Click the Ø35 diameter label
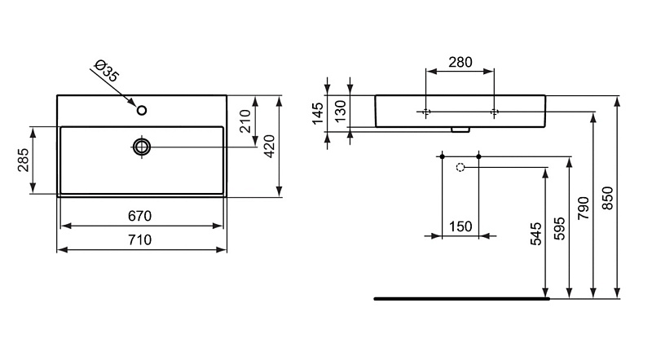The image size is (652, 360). [x=107, y=71]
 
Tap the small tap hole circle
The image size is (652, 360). [x=142, y=110]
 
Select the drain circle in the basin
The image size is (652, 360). [x=142, y=147]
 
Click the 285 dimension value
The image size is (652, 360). [x=24, y=160]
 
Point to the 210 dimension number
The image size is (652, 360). [x=245, y=121]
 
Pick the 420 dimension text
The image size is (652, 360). [x=270, y=147]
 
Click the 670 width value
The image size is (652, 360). [x=139, y=216]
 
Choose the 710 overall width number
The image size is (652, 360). [x=139, y=239]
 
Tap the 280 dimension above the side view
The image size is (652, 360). [x=460, y=63]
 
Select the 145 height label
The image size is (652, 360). [x=318, y=113]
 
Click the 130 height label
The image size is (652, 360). [x=341, y=112]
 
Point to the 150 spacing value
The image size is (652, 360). [x=460, y=226]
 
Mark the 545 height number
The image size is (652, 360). [x=536, y=234]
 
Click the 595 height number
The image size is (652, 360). [x=560, y=228]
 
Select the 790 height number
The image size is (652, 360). [x=584, y=209]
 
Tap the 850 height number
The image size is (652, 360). [x=607, y=198]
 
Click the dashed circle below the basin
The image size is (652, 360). [x=460, y=168]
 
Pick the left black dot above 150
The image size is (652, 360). [x=442, y=156]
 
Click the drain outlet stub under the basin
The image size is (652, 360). [x=460, y=130]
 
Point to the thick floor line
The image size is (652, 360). [x=461, y=298]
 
